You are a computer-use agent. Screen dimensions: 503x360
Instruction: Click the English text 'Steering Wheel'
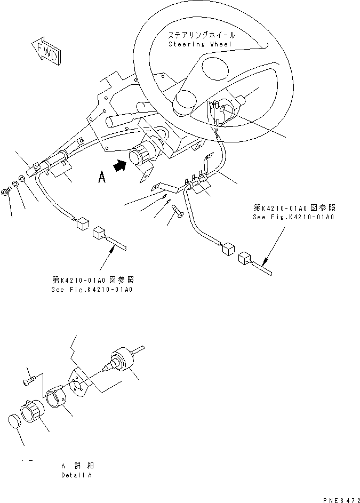[x=200, y=44]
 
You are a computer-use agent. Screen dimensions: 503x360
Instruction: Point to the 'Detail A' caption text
[x=76, y=475]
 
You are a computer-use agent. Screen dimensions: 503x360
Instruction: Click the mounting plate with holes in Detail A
[x=80, y=385]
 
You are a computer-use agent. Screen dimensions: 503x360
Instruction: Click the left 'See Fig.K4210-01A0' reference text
[x=92, y=289]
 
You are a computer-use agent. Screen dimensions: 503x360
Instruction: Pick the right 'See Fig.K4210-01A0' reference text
[x=294, y=217]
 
